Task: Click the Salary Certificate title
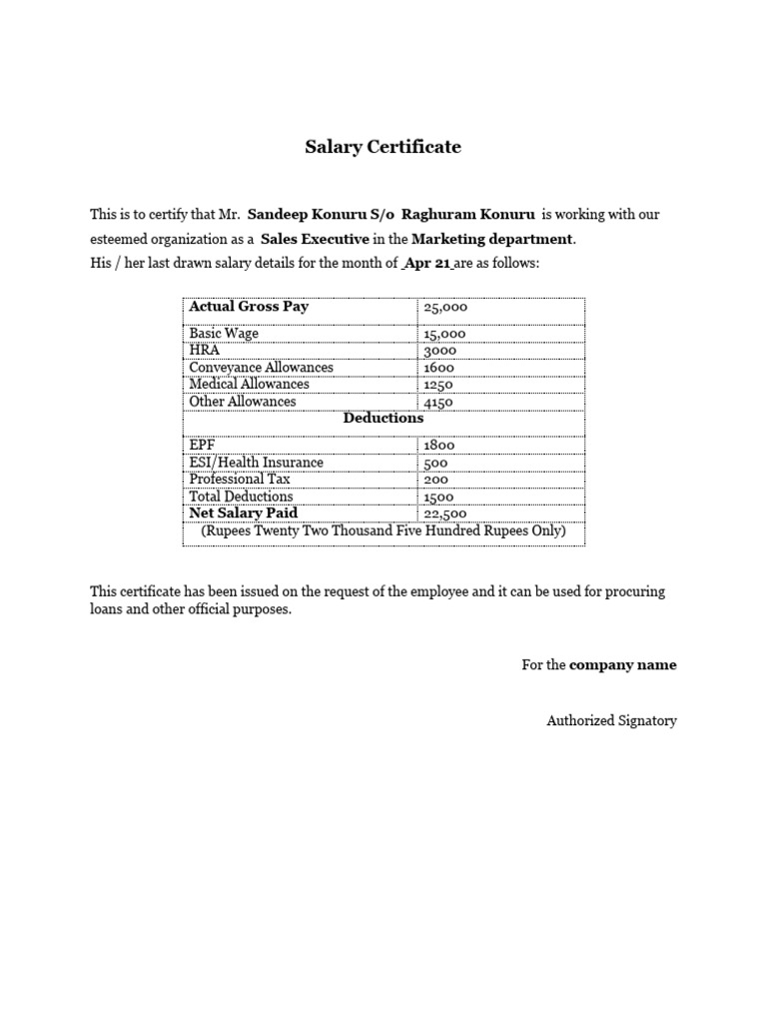click(383, 147)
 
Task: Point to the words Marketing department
click(492, 240)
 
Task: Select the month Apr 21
click(427, 264)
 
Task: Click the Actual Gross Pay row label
click(249, 307)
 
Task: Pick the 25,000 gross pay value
click(445, 309)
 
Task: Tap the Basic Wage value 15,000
click(444, 335)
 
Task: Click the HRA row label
click(204, 351)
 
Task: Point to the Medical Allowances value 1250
click(438, 385)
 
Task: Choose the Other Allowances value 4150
click(438, 402)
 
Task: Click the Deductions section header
click(383, 419)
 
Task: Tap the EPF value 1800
click(439, 446)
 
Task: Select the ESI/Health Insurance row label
click(256, 463)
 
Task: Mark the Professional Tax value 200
click(435, 480)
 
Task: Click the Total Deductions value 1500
click(438, 497)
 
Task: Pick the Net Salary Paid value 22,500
click(445, 514)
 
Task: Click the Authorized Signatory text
click(611, 720)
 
